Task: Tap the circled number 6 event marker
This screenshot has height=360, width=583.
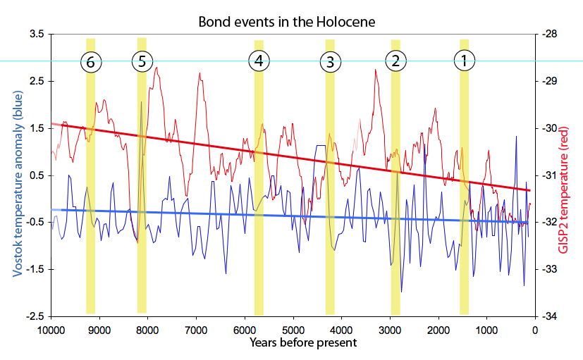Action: (90, 61)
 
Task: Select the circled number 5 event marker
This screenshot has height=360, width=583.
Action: (142, 61)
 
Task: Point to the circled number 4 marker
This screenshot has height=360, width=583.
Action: (259, 61)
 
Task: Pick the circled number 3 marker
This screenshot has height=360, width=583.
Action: (329, 61)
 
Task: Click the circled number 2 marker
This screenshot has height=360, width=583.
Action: (395, 61)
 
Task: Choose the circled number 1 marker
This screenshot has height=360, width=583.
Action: (464, 61)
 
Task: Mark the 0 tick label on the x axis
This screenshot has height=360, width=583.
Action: (535, 329)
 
